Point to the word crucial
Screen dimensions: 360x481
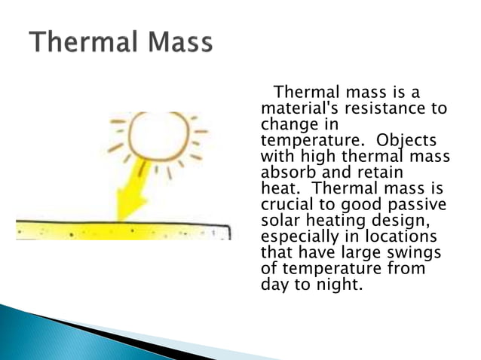click(x=286, y=205)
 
